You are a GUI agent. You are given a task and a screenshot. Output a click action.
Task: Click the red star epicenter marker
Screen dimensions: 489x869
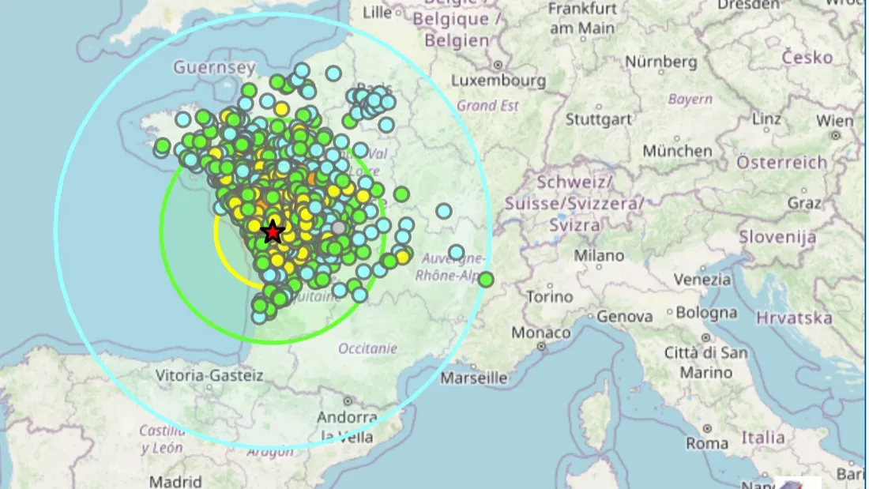coord(273,231)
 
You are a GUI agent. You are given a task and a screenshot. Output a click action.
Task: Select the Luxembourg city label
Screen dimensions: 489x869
coord(498,81)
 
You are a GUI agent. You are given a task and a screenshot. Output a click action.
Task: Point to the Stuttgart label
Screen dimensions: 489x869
coord(598,119)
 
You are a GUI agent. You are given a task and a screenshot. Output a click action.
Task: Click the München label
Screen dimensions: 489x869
coord(677,150)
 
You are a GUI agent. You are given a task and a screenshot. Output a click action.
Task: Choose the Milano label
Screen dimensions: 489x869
coord(598,255)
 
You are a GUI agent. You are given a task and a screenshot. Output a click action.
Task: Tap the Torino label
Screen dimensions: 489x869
coord(549,297)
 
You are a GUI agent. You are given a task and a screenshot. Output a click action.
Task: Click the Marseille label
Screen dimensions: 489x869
coord(474,378)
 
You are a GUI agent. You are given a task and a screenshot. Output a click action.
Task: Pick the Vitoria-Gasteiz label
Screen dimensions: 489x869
coord(210,375)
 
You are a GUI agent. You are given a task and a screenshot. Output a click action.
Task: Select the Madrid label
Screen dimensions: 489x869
coord(175,480)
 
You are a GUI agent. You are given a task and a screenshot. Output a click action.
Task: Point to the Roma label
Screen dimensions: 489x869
coord(707,443)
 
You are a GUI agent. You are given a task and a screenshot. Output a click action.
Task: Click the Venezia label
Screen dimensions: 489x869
coord(702,280)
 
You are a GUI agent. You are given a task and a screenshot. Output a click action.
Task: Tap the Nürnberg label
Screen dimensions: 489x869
coord(661,61)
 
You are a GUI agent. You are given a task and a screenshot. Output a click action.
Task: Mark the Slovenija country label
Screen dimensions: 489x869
coord(777,236)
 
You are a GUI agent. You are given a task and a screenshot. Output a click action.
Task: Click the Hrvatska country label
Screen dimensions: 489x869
coord(794,318)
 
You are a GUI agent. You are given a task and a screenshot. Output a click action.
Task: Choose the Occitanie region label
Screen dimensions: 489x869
coord(367,348)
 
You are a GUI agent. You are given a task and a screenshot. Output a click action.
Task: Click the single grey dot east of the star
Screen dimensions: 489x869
coord(339,228)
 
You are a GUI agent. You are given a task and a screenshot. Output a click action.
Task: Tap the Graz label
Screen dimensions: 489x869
coord(805,203)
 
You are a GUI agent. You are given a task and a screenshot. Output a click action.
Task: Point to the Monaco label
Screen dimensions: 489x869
coord(540,333)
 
